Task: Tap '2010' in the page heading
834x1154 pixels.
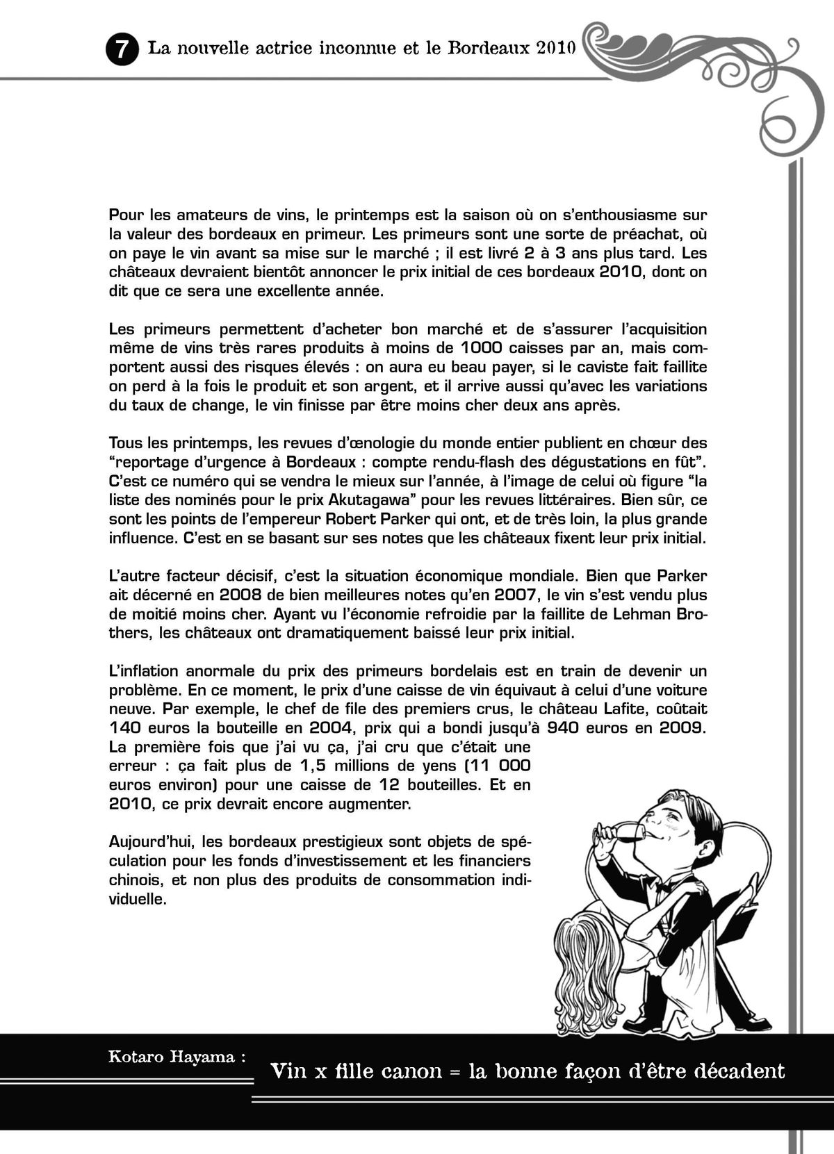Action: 556,49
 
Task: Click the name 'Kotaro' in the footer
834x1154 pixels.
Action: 135,1057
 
